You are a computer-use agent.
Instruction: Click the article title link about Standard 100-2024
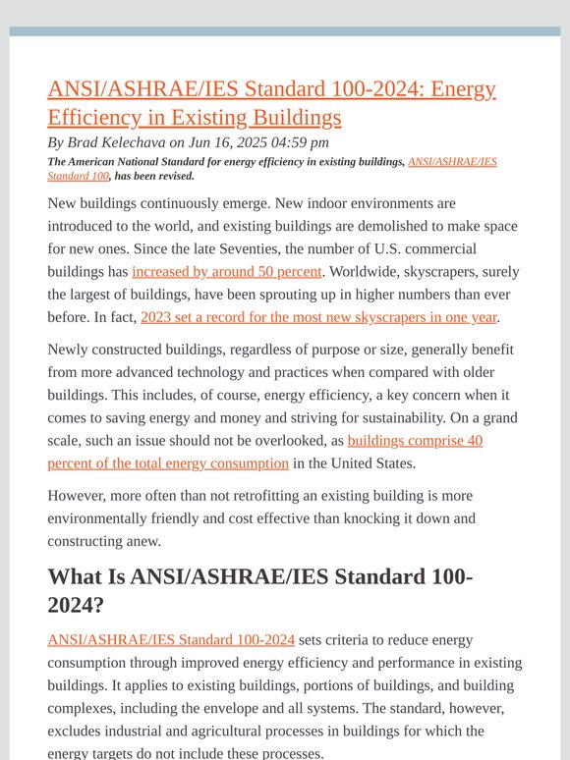271,103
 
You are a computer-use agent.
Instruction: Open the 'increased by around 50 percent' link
227,271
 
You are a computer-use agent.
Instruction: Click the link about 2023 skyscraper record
318,316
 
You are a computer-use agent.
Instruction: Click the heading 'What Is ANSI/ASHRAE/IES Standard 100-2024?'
259,591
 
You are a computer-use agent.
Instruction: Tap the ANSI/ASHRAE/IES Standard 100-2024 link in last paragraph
171,640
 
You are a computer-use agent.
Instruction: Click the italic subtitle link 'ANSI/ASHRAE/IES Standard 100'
452,162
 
